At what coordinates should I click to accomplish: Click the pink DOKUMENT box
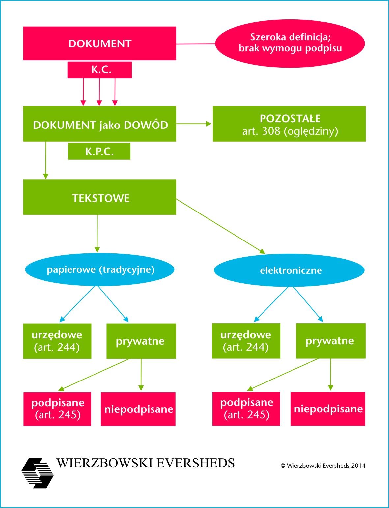(x=99, y=43)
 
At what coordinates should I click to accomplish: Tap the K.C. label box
(x=99, y=70)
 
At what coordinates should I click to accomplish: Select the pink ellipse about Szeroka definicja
(x=290, y=43)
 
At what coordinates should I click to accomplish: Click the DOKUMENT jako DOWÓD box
(x=99, y=124)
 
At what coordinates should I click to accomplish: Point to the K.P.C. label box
(x=99, y=151)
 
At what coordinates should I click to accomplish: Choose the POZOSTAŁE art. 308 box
(x=289, y=124)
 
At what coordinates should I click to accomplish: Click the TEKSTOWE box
(x=99, y=197)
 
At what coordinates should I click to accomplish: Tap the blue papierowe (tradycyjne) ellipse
(x=99, y=270)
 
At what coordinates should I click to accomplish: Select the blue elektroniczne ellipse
(x=289, y=270)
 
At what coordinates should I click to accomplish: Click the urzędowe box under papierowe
(x=57, y=341)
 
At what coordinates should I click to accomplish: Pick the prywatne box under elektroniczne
(x=331, y=341)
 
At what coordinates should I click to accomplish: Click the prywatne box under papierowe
(x=141, y=341)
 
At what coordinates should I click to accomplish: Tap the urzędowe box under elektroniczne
(x=246, y=341)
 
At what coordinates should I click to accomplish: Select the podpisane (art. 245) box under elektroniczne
(x=246, y=409)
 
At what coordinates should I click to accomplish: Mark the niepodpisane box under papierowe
(x=138, y=409)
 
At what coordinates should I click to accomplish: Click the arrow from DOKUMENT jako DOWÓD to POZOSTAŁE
(x=194, y=124)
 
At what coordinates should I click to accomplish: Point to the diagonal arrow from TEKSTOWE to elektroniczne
(x=220, y=226)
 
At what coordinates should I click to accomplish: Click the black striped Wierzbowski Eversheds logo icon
(x=37, y=473)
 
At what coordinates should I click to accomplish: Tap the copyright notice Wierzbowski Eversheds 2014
(x=322, y=466)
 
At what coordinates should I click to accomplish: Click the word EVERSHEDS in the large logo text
(x=195, y=463)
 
